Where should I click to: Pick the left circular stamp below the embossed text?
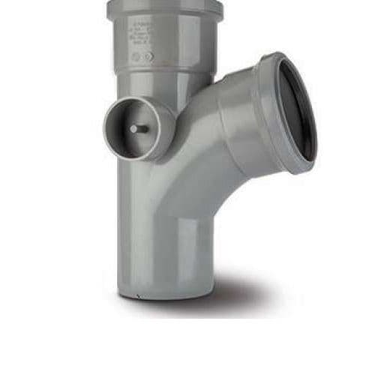(x=136, y=56)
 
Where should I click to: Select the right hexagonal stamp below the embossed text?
(x=148, y=56)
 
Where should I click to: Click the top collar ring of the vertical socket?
(x=165, y=10)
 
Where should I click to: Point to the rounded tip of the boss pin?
(x=132, y=128)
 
